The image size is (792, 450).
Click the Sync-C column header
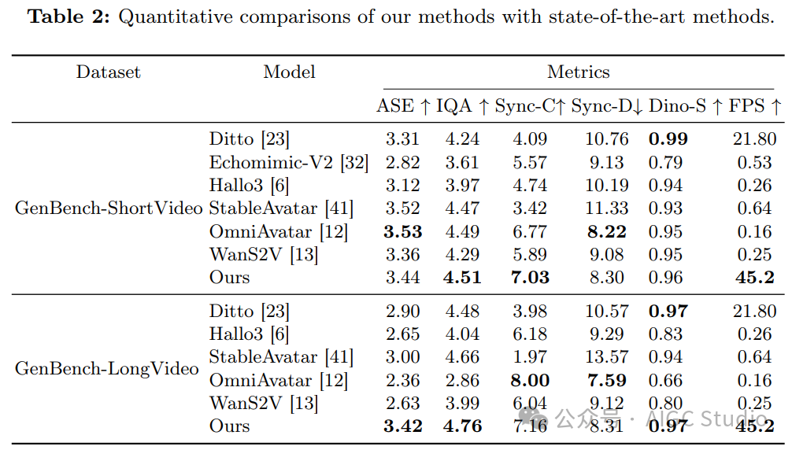529,106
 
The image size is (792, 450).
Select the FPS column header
755,106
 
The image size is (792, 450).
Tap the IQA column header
462,106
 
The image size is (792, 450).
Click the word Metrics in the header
579,72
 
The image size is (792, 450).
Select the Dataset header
108,72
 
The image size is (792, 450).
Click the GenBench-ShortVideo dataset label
109,208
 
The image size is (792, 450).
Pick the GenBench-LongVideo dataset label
106,368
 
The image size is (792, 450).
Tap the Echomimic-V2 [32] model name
288,162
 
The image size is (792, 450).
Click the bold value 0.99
668,138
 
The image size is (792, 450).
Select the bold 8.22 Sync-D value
607,231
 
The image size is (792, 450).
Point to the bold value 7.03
530,278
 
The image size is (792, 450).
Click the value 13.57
607,357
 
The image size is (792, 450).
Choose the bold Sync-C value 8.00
530,381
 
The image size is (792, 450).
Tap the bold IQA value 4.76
462,426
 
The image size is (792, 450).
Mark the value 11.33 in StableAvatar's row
607,208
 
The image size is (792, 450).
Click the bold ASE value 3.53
402,231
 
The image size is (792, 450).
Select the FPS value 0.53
755,162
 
